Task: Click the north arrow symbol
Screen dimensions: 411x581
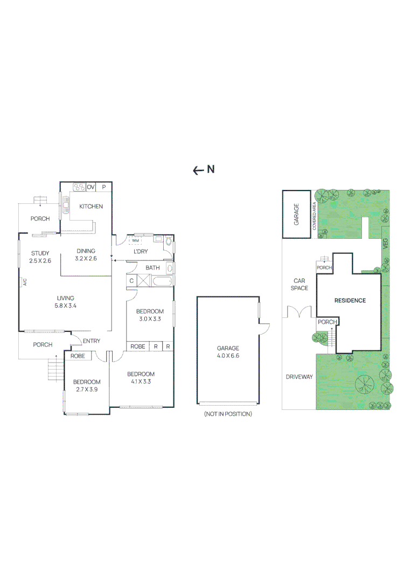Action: click(198, 171)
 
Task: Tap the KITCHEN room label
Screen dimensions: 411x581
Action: click(91, 207)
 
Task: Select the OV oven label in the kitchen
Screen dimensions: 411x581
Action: click(90, 187)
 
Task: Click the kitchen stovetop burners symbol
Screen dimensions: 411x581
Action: click(79, 187)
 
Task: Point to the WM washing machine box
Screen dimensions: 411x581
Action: click(135, 240)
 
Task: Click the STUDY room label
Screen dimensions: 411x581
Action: click(40, 253)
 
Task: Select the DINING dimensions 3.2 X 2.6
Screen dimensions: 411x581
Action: click(86, 259)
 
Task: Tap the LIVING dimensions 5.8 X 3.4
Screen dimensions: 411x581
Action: click(65, 306)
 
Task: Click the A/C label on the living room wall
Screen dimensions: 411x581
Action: click(25, 282)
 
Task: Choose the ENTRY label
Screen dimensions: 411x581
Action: click(92, 341)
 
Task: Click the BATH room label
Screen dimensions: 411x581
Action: click(152, 267)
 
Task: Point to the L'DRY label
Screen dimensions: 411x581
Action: click(141, 251)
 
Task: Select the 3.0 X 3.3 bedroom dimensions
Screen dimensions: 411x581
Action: click(150, 319)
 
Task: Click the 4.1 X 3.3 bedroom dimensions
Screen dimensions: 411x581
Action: click(141, 381)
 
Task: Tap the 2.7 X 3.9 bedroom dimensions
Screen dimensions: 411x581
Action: click(87, 389)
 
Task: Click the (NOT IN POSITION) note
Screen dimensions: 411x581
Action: click(228, 414)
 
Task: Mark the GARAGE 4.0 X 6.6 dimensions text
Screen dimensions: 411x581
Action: click(228, 356)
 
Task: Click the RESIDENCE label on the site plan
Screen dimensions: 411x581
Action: click(350, 301)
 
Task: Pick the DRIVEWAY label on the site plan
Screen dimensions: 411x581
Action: click(299, 377)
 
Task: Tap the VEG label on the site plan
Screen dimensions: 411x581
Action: click(386, 244)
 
